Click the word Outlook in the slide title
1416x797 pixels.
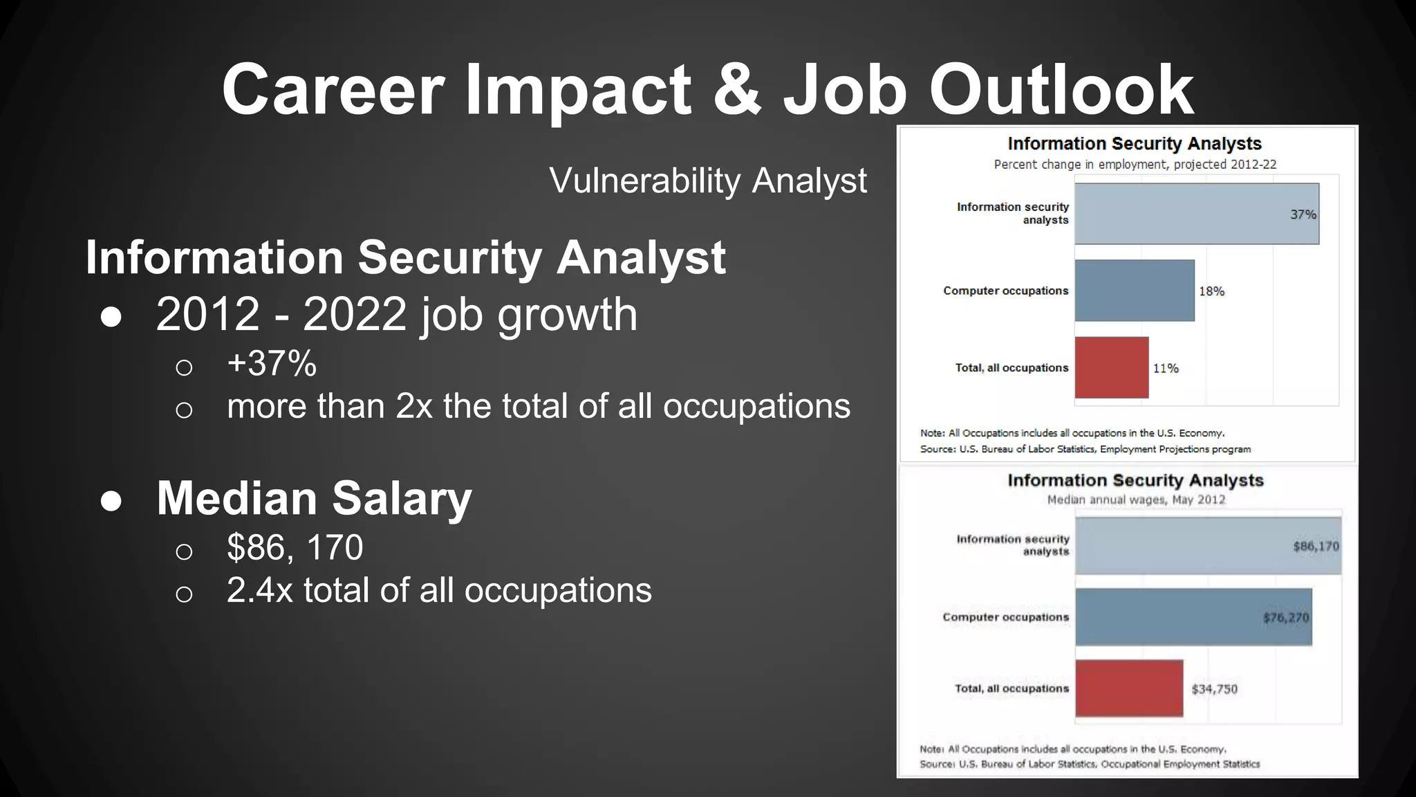pos(1061,90)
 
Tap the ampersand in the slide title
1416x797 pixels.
pos(736,90)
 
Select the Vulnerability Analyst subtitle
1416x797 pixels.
pos(707,181)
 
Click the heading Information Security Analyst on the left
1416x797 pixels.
pos(405,257)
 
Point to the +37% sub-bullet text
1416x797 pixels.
pos(272,363)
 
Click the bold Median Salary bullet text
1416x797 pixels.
pos(314,497)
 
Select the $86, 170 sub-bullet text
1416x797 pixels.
pos(295,547)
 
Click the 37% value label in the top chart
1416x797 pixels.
pos(1303,214)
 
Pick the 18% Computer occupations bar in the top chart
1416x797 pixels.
pos(1134,291)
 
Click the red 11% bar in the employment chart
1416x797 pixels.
pos(1111,367)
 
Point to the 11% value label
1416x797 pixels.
pos(1165,368)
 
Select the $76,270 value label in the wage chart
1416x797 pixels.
pos(1285,617)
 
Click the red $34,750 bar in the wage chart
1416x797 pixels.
pos(1128,688)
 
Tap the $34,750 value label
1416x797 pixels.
pos(1214,689)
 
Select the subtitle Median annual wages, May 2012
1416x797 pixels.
pos(1136,500)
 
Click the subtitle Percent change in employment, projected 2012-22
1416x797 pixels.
pos(1135,165)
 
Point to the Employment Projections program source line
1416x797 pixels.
pos(1086,449)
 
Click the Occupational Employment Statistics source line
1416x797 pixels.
pos(1090,764)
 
